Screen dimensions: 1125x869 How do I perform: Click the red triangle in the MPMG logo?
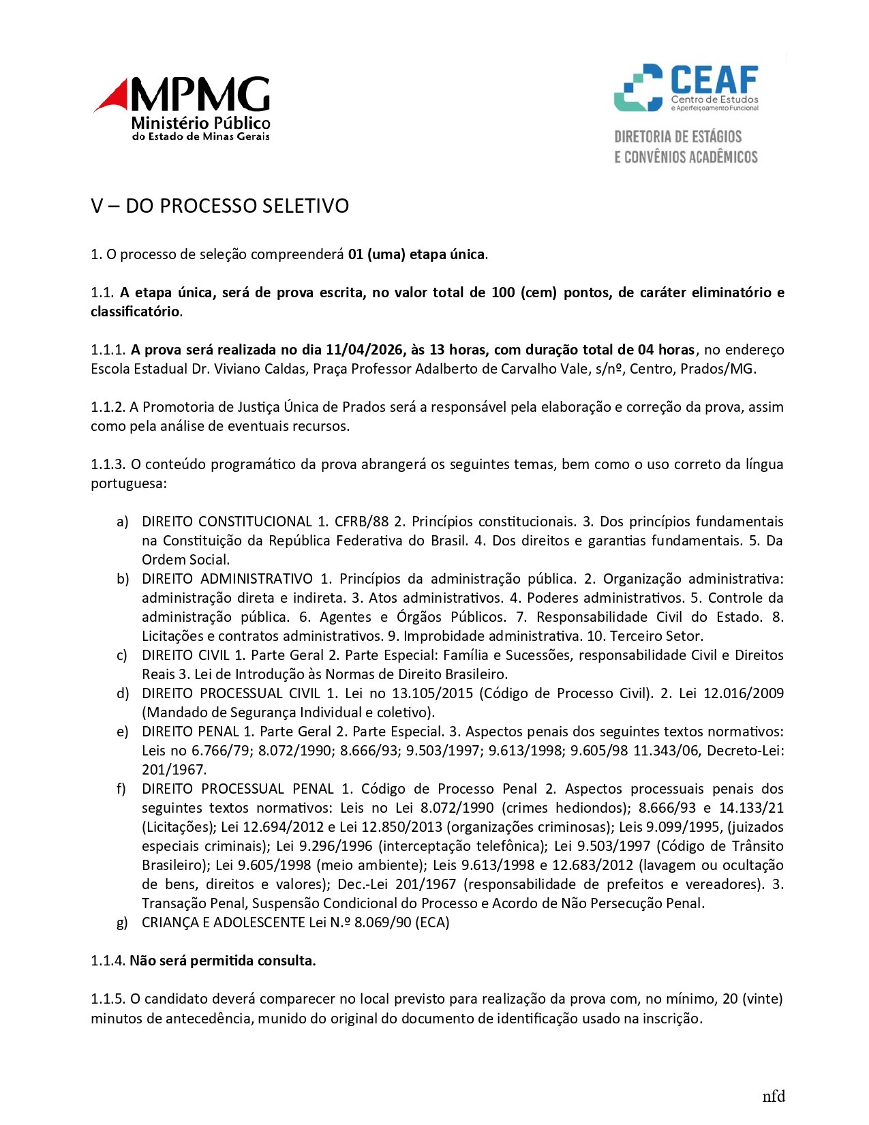coord(113,97)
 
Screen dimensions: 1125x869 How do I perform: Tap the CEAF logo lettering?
coord(714,80)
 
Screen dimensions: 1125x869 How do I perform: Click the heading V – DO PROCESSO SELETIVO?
coord(219,206)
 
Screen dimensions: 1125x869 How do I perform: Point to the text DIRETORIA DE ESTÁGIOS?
coord(677,136)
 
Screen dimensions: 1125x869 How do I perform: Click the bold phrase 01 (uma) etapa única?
coord(417,254)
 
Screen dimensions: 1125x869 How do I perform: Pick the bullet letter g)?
coord(122,922)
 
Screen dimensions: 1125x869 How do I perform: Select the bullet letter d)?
coord(122,693)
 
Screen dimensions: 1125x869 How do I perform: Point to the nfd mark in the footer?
coord(774,1096)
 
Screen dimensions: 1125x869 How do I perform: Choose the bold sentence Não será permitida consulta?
coord(223,961)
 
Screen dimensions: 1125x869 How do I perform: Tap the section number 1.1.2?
coord(108,407)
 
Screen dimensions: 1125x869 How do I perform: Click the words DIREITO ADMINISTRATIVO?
coord(227,579)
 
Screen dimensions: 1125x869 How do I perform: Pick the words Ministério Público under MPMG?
coord(200,123)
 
